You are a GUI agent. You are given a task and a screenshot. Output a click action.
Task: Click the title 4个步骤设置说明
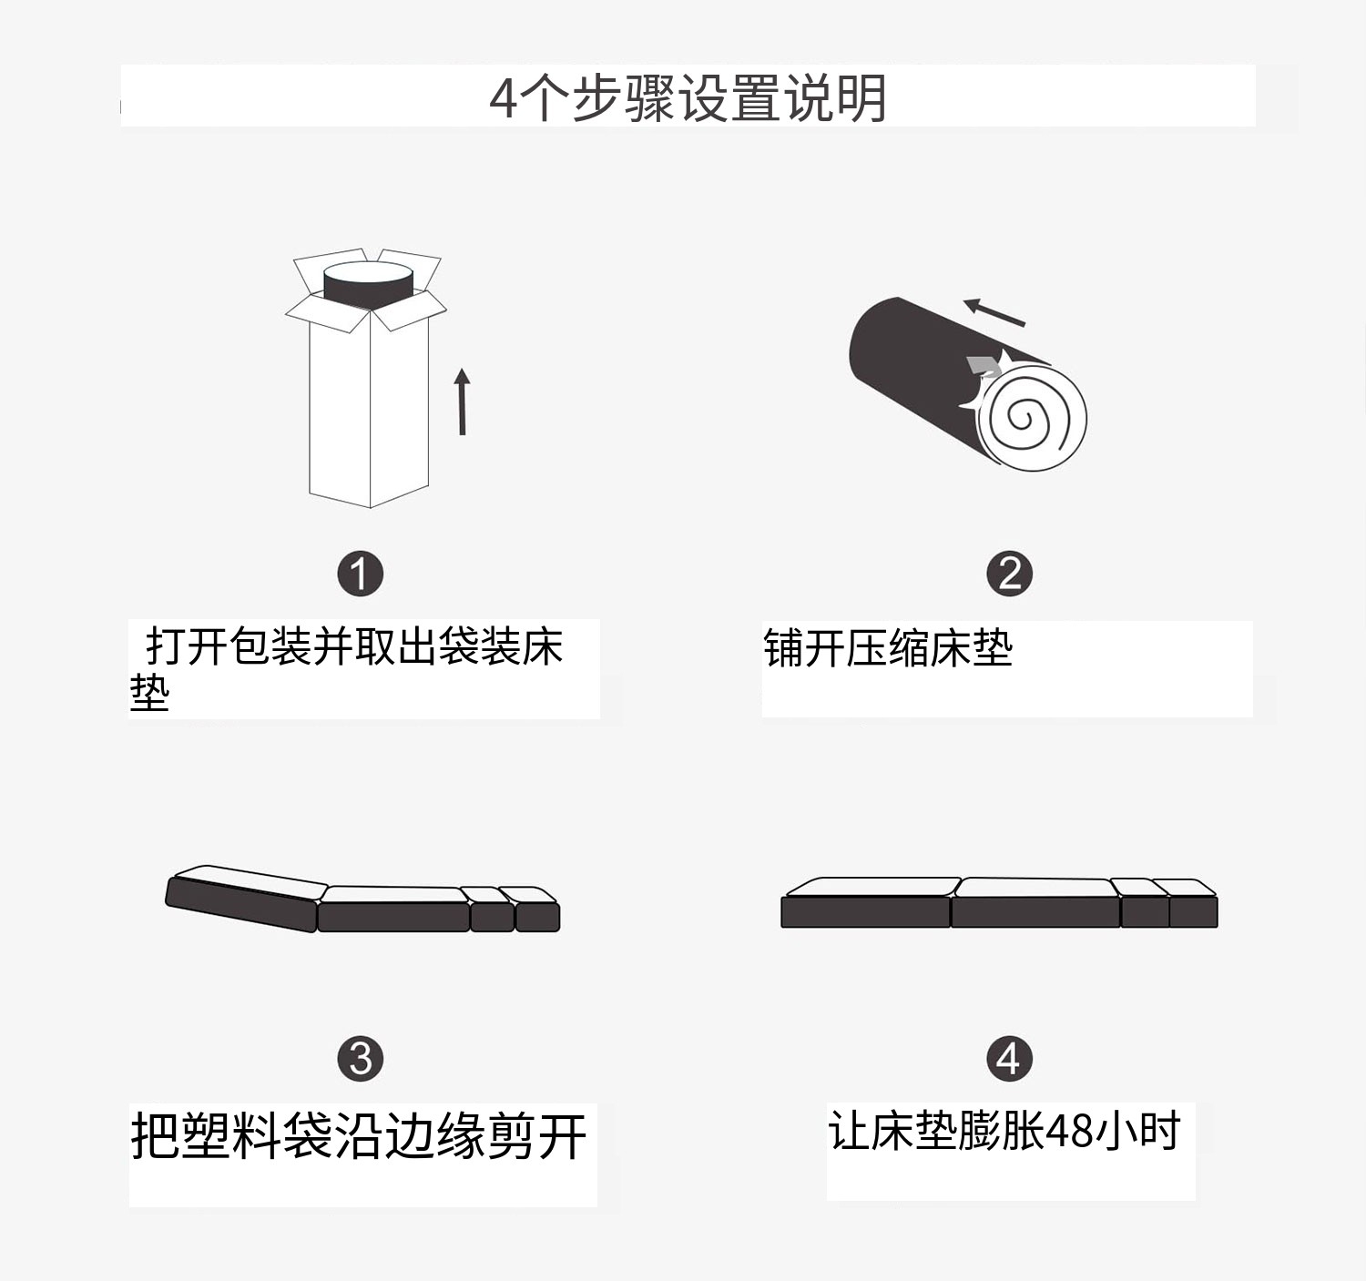pos(688,98)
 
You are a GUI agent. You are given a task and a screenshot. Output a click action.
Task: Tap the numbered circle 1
pos(360,574)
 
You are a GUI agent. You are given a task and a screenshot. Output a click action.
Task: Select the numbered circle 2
pos(1009,573)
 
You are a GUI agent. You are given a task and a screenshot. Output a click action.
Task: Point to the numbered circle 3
pos(360,1059)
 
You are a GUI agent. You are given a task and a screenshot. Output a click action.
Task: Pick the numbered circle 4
pos(1009,1058)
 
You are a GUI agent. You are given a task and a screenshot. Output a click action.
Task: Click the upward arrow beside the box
pos(463,402)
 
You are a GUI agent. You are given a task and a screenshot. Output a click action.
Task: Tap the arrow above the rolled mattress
pos(994,312)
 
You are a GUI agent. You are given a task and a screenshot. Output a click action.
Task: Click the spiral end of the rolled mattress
pos(1032,418)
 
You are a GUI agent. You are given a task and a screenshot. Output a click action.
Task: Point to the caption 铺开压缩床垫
pos(888,648)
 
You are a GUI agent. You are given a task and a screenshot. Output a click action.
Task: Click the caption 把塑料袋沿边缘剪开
pos(359,1136)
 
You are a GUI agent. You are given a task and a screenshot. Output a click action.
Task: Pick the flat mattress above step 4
pos(999,902)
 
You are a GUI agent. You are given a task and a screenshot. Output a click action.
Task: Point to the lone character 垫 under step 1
pos(149,693)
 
